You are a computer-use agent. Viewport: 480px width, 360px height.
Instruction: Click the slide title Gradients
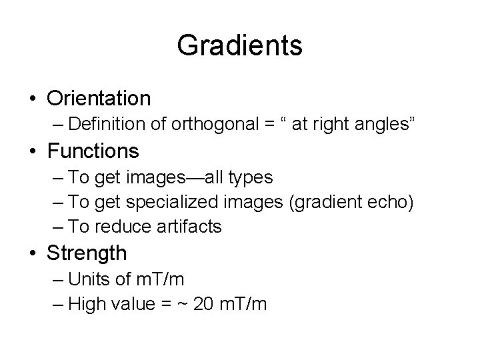pos(240,46)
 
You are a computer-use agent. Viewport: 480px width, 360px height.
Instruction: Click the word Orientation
pos(99,99)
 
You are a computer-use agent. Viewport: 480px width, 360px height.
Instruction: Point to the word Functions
pos(93,151)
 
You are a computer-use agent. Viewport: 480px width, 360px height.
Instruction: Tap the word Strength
pos(87,253)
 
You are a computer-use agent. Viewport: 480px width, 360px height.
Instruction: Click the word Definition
pos(98,124)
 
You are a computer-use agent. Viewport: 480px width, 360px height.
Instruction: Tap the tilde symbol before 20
pos(183,305)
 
